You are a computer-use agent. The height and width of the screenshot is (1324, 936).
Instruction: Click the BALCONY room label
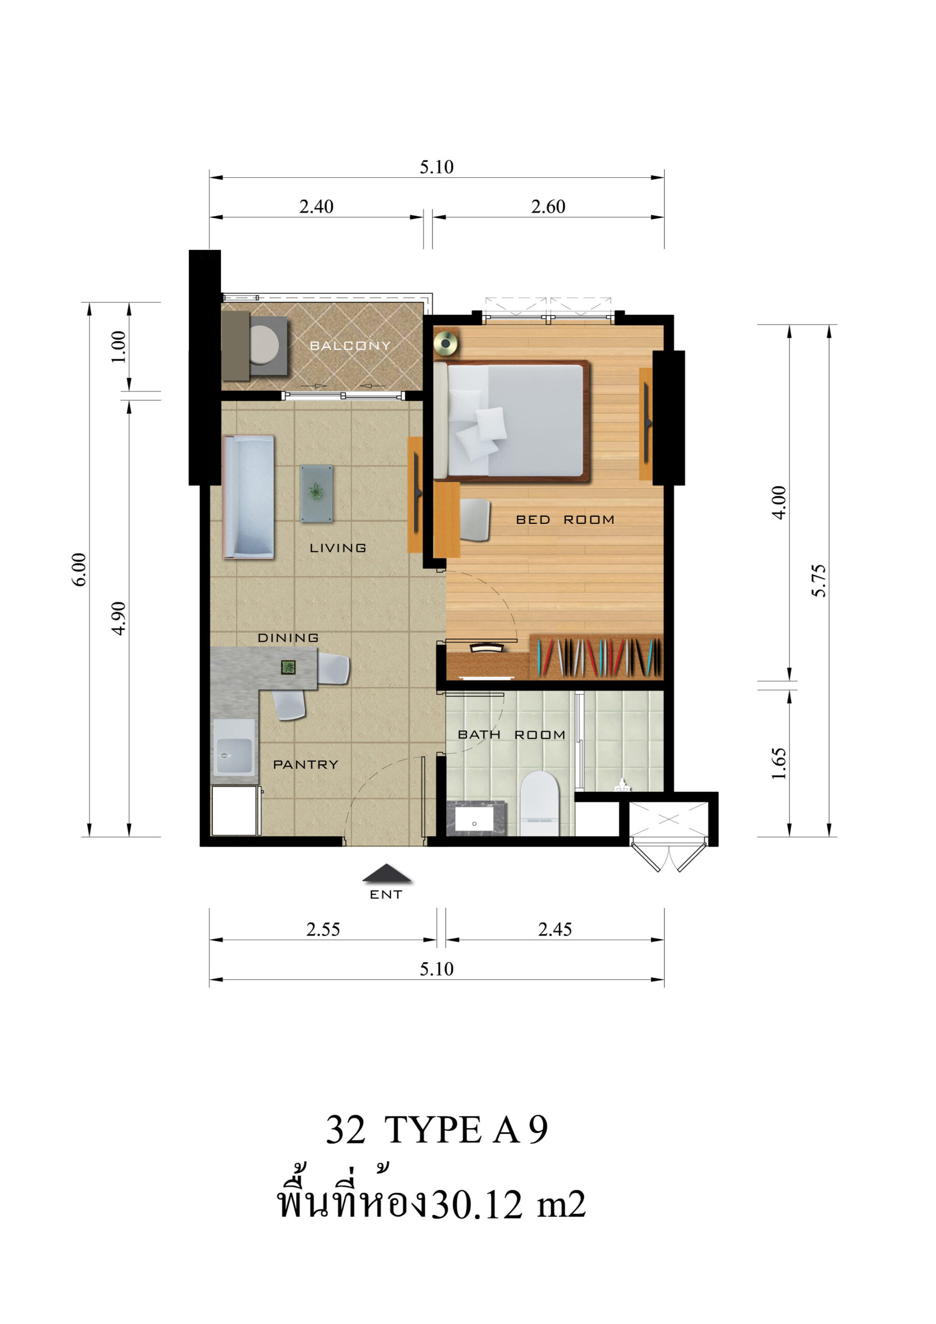[x=350, y=345]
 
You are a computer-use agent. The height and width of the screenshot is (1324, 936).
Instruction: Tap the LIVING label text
[x=338, y=548]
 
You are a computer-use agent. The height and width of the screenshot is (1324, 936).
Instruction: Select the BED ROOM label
[x=565, y=520]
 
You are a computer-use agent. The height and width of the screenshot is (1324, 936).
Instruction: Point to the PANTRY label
[x=305, y=764]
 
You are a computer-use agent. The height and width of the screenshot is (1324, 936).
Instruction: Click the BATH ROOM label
[x=511, y=734]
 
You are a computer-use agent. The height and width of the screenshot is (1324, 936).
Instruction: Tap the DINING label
[x=288, y=638]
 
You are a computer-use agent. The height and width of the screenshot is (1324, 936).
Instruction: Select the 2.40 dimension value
[x=316, y=206]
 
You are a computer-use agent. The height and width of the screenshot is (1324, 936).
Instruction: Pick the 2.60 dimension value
[x=548, y=206]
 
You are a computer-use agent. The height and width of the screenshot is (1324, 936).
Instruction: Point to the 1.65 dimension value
[x=779, y=763]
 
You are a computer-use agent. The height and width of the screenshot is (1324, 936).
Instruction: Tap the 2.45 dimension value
[x=555, y=929]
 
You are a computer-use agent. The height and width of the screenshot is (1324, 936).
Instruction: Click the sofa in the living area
[x=248, y=497]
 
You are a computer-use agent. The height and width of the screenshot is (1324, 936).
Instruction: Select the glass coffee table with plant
[x=316, y=493]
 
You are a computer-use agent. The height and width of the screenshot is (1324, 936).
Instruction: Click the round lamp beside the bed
[x=446, y=344]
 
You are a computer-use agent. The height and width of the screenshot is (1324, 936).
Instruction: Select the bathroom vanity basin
[x=474, y=819]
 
